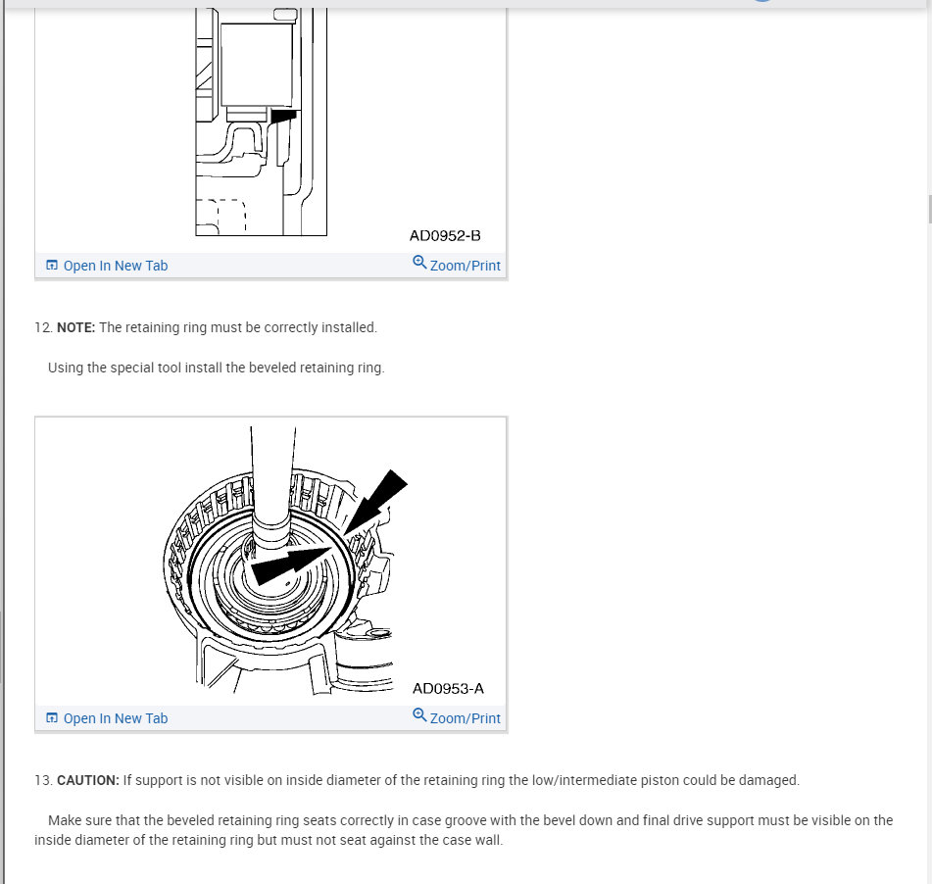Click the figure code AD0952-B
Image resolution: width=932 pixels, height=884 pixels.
[x=445, y=236]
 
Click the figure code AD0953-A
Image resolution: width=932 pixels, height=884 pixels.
[x=448, y=689]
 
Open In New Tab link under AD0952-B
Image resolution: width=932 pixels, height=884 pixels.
[x=115, y=266]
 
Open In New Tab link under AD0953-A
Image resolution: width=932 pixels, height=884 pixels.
[x=115, y=718]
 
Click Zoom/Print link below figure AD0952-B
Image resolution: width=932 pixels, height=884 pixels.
[x=465, y=266]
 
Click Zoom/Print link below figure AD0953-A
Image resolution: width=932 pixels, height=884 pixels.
[x=465, y=718]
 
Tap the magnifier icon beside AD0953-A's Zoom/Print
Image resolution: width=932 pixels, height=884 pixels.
[x=419, y=715]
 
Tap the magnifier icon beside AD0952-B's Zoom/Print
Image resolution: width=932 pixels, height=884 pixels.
[x=419, y=263]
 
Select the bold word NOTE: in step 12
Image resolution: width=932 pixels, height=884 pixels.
[x=75, y=327]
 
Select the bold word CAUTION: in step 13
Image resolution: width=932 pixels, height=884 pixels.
[x=88, y=780]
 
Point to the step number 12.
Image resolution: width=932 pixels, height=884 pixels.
[x=42, y=327]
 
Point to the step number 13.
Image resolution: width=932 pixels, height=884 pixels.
[x=42, y=780]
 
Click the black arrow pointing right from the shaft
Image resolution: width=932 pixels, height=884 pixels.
[x=289, y=564]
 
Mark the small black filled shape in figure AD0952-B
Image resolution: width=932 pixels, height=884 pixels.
[x=283, y=116]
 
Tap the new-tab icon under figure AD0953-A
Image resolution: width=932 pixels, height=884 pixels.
[x=52, y=718]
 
